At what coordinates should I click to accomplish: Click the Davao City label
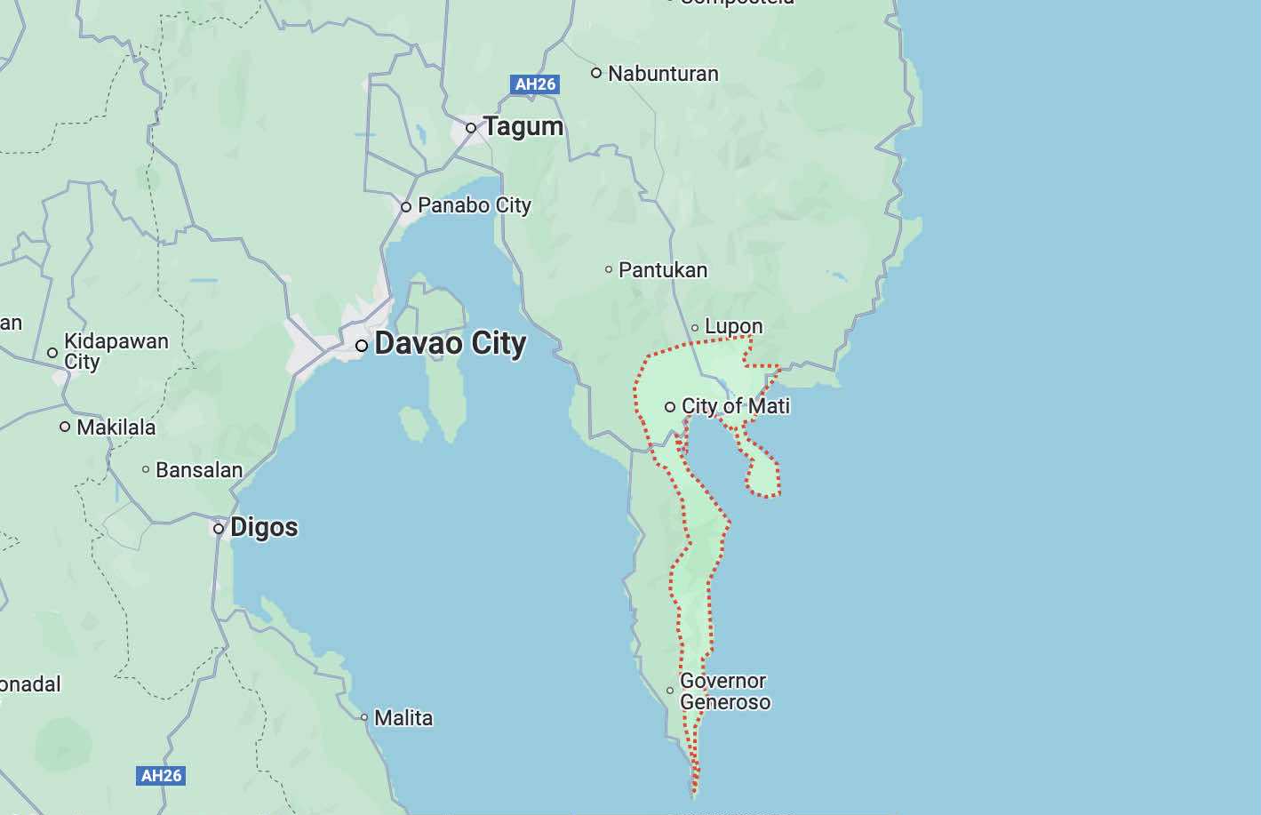(x=450, y=344)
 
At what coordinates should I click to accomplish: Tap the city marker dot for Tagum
(x=471, y=128)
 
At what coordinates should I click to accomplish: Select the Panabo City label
(x=474, y=205)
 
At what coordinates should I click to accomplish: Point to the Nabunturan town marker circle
(x=596, y=73)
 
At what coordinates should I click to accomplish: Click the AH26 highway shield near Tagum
(x=535, y=84)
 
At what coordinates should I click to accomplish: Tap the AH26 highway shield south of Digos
(x=162, y=775)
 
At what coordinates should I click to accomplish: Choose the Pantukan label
(x=663, y=269)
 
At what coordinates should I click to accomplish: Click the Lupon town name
(x=733, y=326)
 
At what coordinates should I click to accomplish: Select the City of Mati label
(x=735, y=406)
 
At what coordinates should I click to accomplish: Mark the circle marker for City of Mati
(x=670, y=407)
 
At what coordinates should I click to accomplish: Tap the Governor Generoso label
(x=724, y=691)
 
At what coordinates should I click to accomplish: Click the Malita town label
(x=403, y=717)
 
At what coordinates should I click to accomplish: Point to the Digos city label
(x=264, y=527)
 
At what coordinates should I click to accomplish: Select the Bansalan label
(x=199, y=469)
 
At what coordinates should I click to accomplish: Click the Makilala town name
(x=116, y=427)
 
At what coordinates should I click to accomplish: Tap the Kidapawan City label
(x=116, y=351)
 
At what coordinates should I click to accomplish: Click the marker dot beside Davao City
(x=362, y=346)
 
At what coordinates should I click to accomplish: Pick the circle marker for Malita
(x=364, y=717)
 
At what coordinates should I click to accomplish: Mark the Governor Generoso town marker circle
(x=670, y=691)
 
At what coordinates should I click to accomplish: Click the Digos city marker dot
(x=219, y=529)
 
